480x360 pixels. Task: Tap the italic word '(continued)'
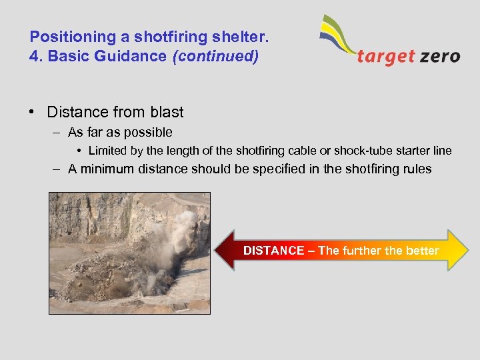[x=215, y=56]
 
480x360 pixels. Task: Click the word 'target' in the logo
[x=386, y=56]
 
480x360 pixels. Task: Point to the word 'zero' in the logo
[x=439, y=56]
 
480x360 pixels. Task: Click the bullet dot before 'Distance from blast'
[x=33, y=112]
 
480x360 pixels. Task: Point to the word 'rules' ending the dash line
[x=415, y=169]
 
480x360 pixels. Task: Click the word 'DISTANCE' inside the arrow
[x=273, y=251]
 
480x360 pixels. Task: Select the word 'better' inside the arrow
[x=422, y=251]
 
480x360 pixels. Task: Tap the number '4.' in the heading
[x=36, y=56]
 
